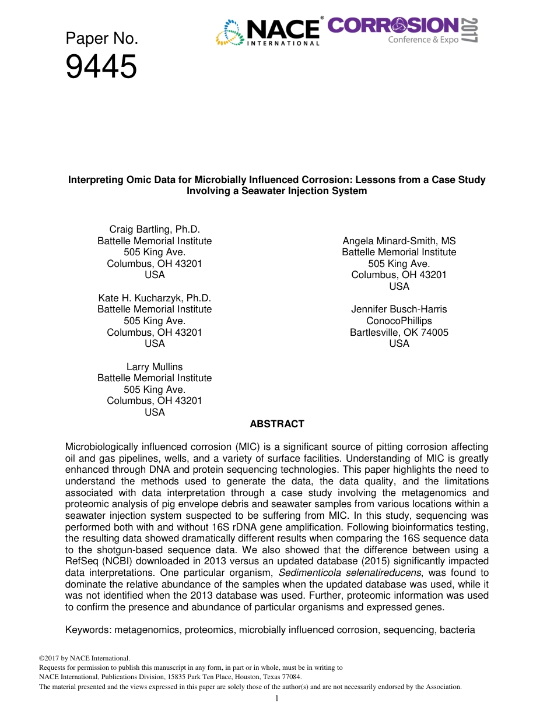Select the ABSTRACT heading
pyautogui.click(x=276, y=424)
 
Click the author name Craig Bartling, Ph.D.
pyautogui.click(x=155, y=229)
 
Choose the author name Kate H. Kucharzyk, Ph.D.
pyautogui.click(x=155, y=298)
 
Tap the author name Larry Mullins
pyautogui.click(x=155, y=367)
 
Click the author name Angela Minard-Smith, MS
pyautogui.click(x=399, y=241)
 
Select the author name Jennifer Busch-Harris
pyautogui.click(x=399, y=309)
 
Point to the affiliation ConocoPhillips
pyautogui.click(x=399, y=321)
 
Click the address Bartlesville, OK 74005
pyautogui.click(x=399, y=332)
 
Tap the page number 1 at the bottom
pyautogui.click(x=276, y=699)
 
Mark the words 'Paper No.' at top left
pyautogui.click(x=101, y=38)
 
